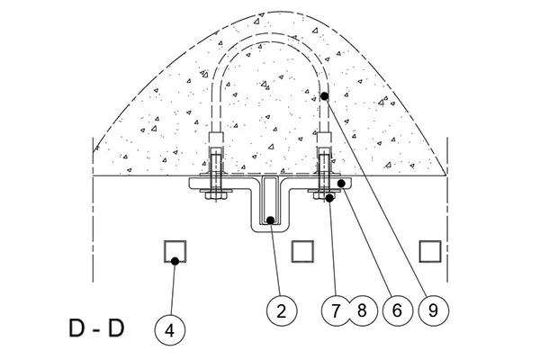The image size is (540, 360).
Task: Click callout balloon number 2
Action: coord(282,310)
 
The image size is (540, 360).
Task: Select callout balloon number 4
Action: coord(170,330)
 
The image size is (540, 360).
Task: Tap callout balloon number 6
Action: coord(398,310)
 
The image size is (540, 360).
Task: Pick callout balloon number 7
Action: coord(336,310)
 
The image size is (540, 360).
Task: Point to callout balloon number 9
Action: coord(434,310)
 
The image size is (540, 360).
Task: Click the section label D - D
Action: coord(96,328)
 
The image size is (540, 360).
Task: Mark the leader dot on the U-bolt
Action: coord(324,95)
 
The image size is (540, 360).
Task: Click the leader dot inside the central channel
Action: coord(271,220)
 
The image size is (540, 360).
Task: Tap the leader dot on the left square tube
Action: coord(175,261)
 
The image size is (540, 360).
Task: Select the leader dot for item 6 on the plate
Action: coord(341,184)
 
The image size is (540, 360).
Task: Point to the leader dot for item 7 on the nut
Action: coord(329,198)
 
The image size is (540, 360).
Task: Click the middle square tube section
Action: coord(302,251)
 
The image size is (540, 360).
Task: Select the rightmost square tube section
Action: coord(430,251)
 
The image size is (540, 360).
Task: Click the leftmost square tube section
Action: coord(175,251)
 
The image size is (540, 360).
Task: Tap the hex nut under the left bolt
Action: coord(216,195)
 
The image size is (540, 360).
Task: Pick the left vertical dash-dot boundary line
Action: coord(93,210)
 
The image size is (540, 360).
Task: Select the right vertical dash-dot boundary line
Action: coord(447,210)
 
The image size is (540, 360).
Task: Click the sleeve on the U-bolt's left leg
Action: coord(216,140)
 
